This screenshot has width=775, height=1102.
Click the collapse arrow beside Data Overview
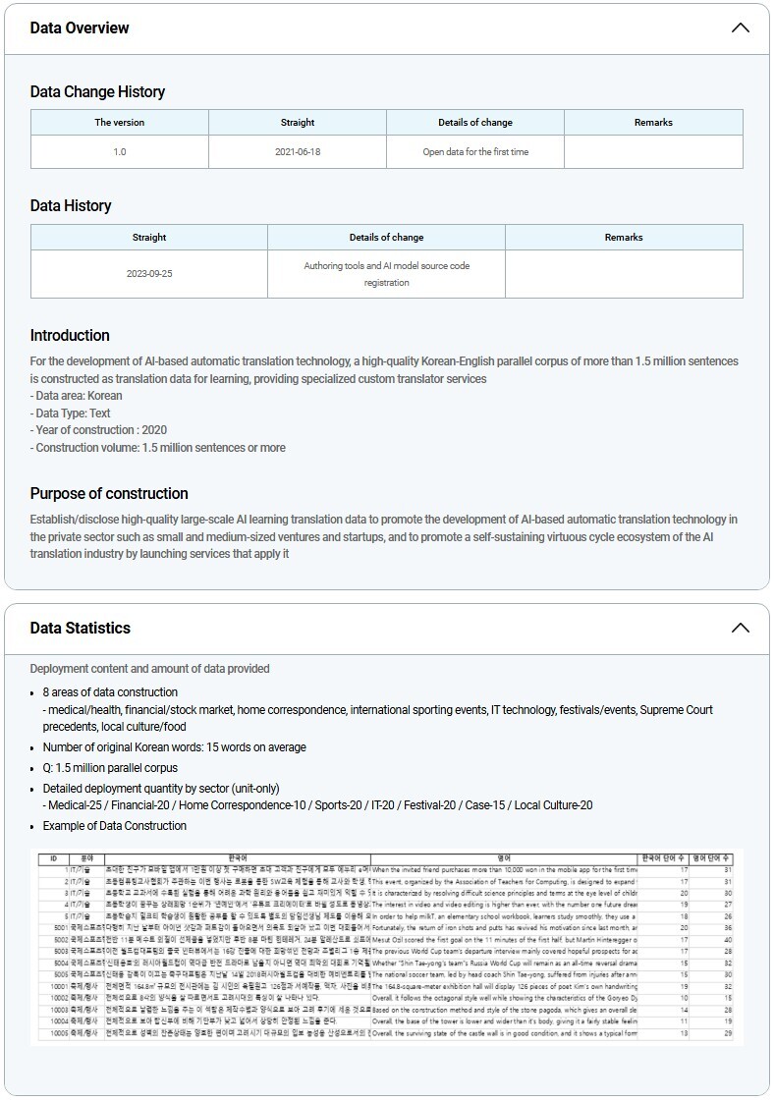click(x=740, y=28)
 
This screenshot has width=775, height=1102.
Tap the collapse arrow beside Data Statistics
click(x=740, y=628)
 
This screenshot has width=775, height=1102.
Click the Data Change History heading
click(x=97, y=91)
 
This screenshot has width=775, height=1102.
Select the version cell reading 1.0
click(x=120, y=152)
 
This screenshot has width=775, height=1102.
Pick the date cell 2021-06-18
click(x=298, y=152)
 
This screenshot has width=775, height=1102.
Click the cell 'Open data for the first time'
click(x=475, y=152)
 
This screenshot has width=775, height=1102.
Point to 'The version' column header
click(x=120, y=123)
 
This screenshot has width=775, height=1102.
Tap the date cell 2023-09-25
click(x=149, y=273)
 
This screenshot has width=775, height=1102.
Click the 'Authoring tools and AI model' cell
click(x=386, y=274)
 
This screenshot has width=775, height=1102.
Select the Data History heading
click(x=71, y=205)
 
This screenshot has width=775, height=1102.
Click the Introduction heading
click(x=70, y=335)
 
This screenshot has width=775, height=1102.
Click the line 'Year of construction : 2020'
click(x=98, y=430)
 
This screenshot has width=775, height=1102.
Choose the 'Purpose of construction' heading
click(x=109, y=493)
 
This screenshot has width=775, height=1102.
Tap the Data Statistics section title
click(x=81, y=628)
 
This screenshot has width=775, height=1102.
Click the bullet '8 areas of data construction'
click(x=110, y=692)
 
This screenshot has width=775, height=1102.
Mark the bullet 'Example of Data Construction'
click(x=114, y=825)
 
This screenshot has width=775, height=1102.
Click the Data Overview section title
click(x=80, y=28)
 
